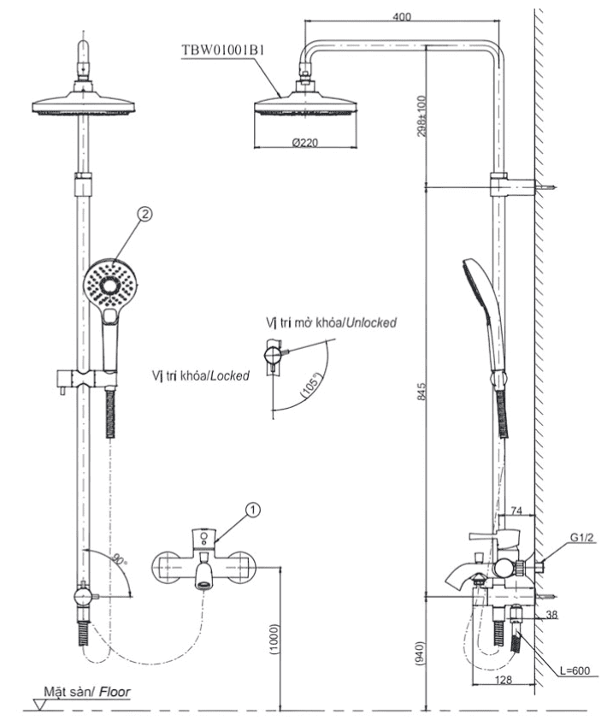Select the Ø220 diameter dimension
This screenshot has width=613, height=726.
pyautogui.click(x=304, y=143)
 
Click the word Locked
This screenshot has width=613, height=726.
pyautogui.click(x=229, y=375)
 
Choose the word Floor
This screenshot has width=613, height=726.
pyautogui.click(x=114, y=691)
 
